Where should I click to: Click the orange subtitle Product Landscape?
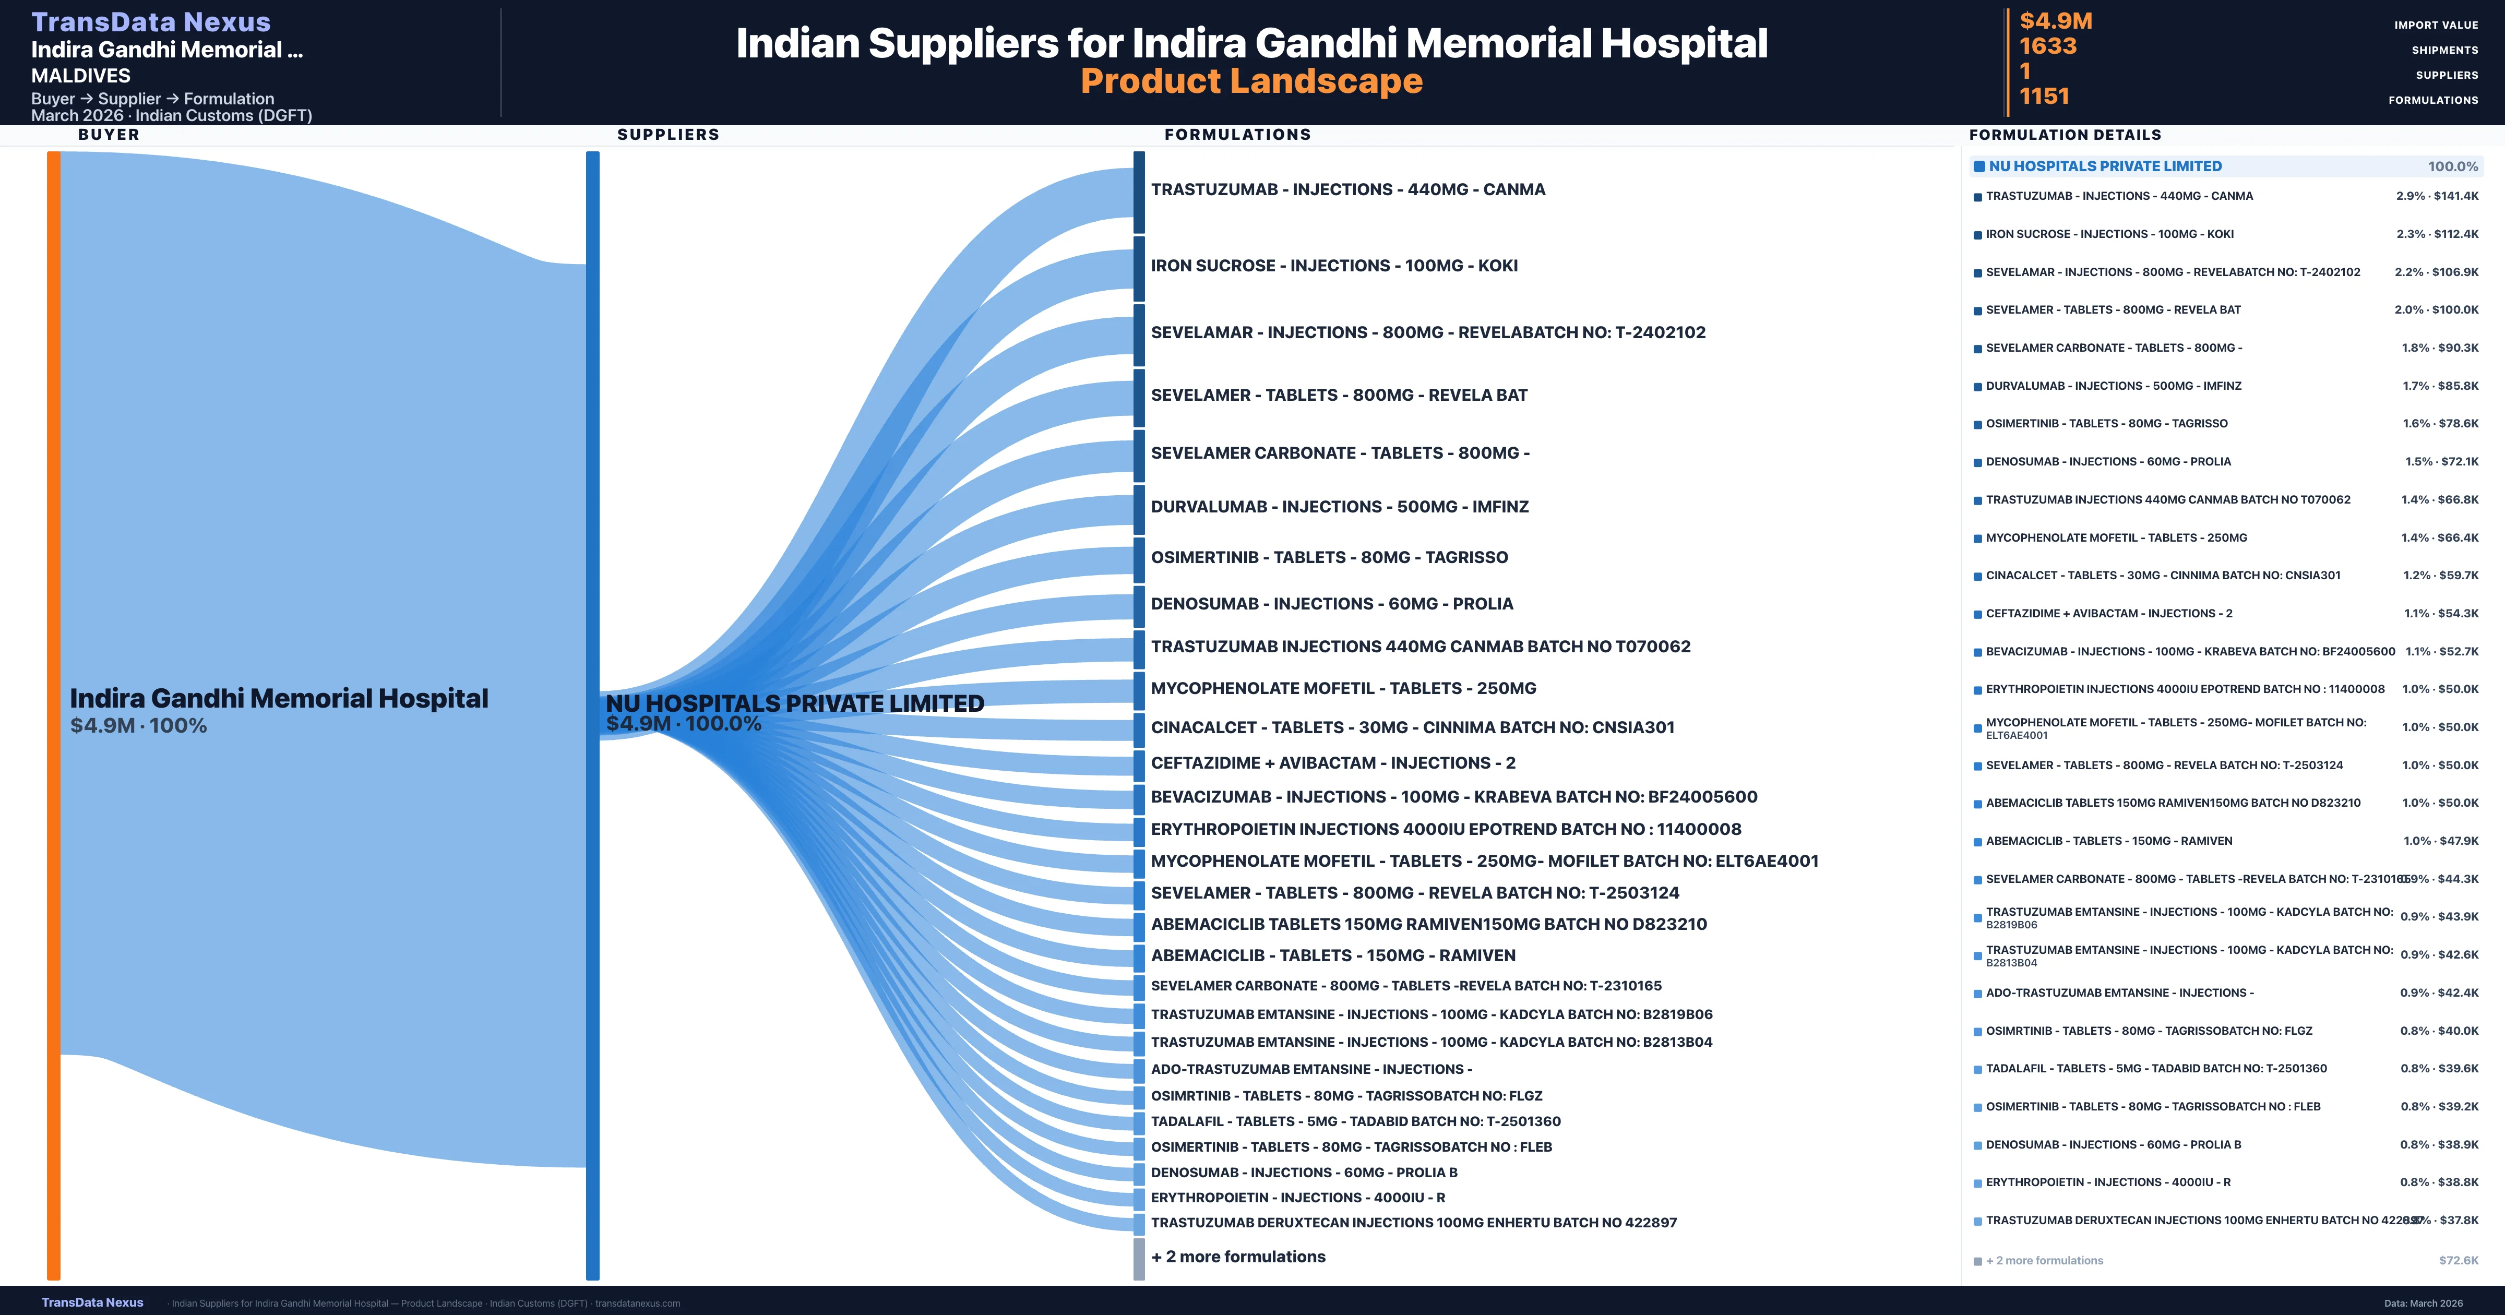[x=1251, y=82]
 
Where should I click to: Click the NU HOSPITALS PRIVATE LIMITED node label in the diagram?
[x=794, y=703]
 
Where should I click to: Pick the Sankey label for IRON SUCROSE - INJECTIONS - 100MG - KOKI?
[x=1333, y=266]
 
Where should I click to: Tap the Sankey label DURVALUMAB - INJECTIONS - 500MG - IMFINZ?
[x=1339, y=507]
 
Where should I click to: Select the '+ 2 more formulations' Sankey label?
[x=1238, y=1257]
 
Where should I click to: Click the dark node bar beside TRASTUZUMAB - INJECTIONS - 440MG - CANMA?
[x=1139, y=192]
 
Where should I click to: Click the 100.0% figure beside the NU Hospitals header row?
[x=2452, y=166]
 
